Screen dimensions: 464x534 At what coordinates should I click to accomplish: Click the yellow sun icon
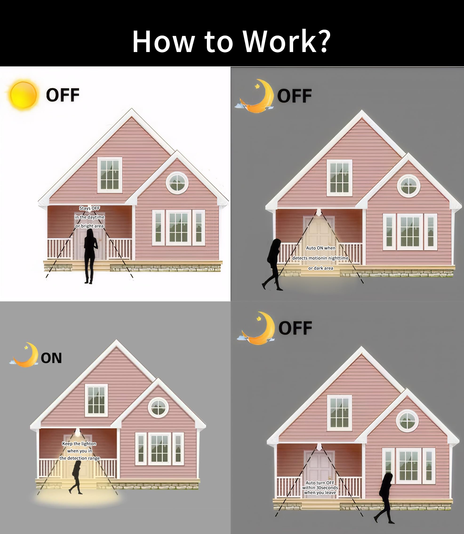click(x=23, y=95)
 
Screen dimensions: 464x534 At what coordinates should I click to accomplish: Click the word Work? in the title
click(x=287, y=41)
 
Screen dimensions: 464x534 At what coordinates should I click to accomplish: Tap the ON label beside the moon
click(x=51, y=358)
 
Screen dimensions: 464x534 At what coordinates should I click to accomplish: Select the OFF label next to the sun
click(x=63, y=95)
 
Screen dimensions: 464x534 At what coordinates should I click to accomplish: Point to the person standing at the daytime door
click(x=91, y=256)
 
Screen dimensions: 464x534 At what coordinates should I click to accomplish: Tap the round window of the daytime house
click(x=177, y=183)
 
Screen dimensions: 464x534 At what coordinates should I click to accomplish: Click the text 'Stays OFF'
click(x=90, y=208)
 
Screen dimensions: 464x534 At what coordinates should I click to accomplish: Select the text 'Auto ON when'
click(x=320, y=248)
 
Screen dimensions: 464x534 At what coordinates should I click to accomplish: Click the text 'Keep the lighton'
click(x=79, y=444)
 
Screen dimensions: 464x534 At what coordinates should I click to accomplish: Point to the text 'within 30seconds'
click(x=320, y=488)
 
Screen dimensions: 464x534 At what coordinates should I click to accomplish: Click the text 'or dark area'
click(x=320, y=268)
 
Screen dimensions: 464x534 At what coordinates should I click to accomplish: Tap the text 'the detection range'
click(x=80, y=458)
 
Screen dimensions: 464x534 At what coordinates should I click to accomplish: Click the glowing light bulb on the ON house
click(x=77, y=432)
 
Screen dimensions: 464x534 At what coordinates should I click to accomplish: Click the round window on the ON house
click(x=158, y=407)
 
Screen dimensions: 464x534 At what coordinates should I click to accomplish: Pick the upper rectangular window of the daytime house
click(x=110, y=175)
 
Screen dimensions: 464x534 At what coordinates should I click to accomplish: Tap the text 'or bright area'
click(x=90, y=226)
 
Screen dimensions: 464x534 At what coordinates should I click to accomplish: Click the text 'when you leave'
click(x=320, y=492)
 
